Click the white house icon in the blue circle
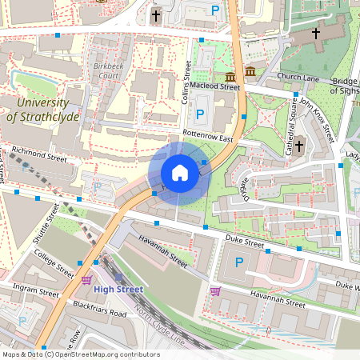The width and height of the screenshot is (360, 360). (180, 173)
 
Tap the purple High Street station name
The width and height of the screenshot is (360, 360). (118, 289)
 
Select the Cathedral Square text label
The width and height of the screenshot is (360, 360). (288, 118)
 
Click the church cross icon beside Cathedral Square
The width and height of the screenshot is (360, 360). (300, 146)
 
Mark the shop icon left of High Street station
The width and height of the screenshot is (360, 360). (86, 279)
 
